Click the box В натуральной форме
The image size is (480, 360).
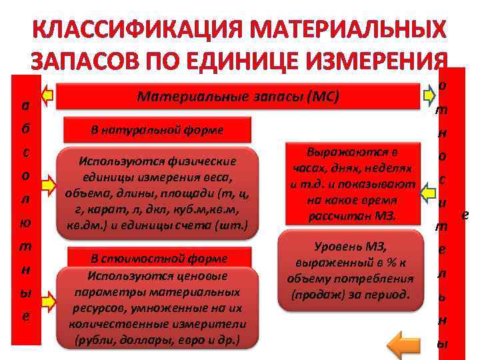157,129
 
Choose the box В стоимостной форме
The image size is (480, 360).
158,258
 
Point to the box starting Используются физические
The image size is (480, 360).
157,193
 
